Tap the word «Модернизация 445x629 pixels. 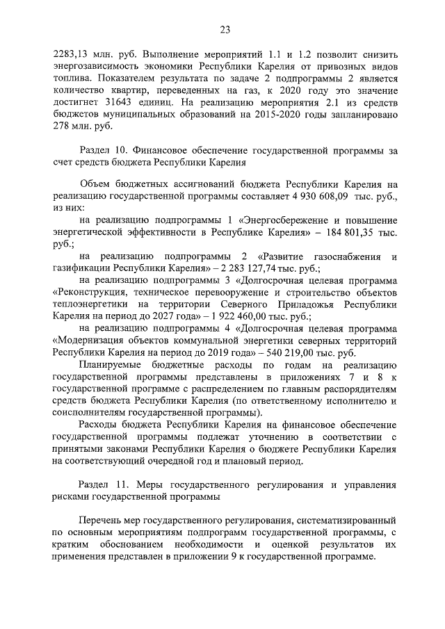(86, 339)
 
